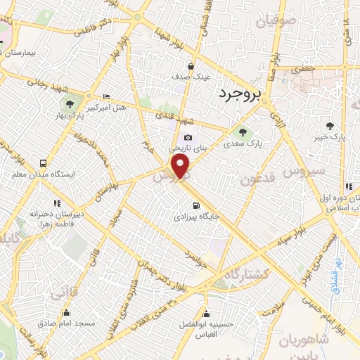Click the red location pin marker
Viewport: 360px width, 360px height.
coord(181,167)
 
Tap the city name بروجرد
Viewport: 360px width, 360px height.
coord(239,94)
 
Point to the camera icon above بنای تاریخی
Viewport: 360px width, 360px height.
coord(188,137)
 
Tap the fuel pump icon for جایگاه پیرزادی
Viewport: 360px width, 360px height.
coord(194,206)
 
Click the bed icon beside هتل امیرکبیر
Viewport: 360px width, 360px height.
coord(106,96)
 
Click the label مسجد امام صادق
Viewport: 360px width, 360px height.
coord(68,323)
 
